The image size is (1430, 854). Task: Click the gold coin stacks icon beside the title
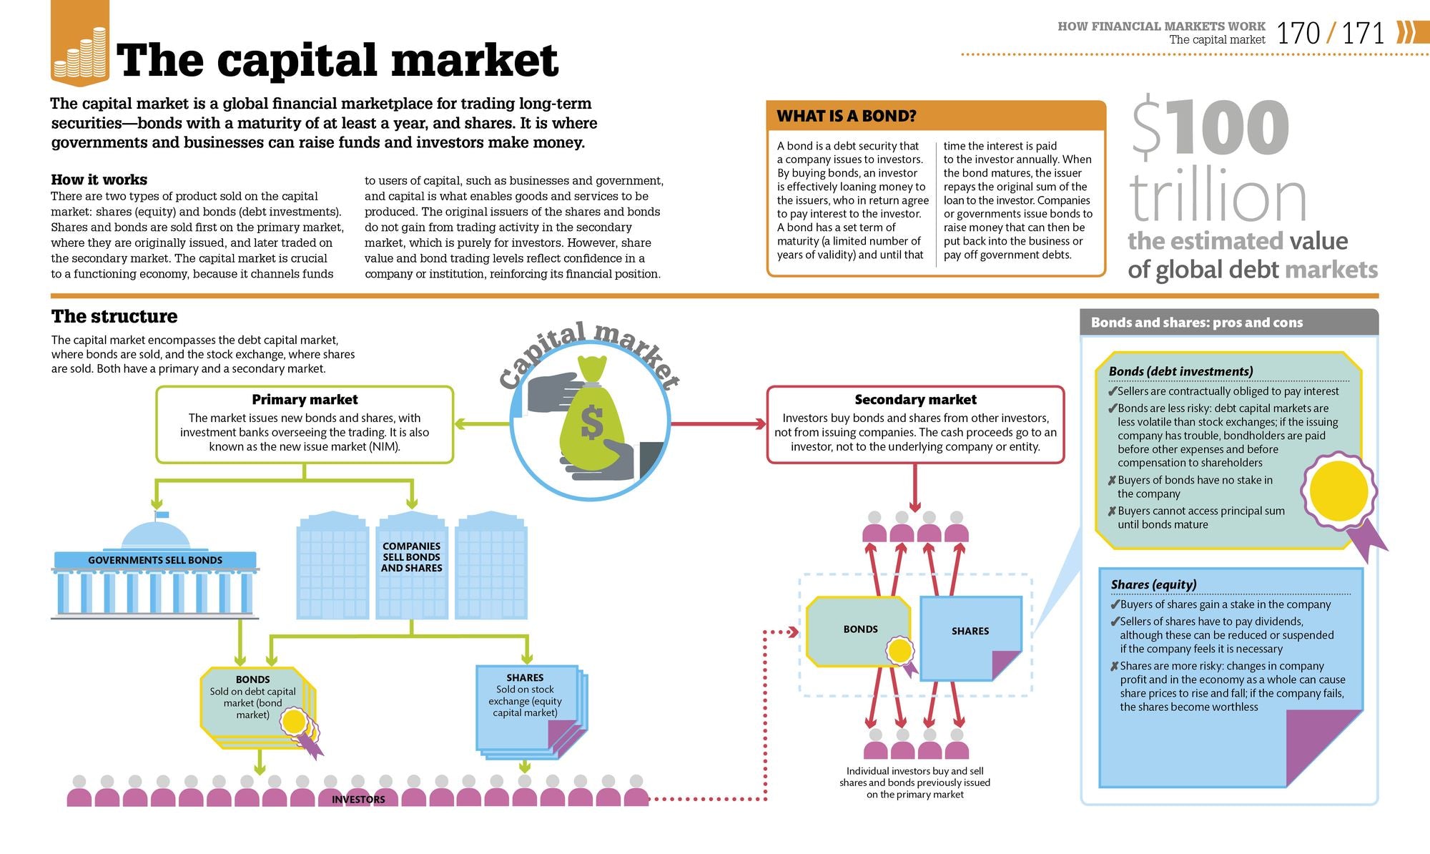(80, 54)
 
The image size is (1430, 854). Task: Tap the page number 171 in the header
(1363, 34)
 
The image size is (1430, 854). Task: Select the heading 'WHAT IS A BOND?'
(847, 116)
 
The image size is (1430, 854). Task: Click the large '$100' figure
(1210, 127)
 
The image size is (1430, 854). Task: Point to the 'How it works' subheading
(99, 180)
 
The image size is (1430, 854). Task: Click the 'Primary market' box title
(305, 400)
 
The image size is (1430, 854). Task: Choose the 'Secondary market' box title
(915, 400)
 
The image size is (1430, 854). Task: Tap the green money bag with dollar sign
(591, 418)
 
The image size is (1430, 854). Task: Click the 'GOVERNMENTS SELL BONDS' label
(155, 560)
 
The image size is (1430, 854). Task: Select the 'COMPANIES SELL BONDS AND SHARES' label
(411, 557)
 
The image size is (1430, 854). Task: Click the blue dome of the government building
(156, 535)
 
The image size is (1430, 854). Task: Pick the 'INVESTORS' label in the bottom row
(358, 800)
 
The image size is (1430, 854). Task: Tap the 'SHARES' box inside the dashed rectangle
(970, 632)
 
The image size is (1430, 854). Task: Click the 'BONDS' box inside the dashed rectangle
(860, 629)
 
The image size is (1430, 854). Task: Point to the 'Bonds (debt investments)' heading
(1180, 371)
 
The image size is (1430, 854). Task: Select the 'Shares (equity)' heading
(1153, 584)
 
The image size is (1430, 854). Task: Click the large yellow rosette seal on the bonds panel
(1338, 491)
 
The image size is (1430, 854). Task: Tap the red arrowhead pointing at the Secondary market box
(759, 424)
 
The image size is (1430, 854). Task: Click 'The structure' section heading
(114, 316)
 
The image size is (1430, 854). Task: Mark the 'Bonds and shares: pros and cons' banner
(1197, 323)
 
